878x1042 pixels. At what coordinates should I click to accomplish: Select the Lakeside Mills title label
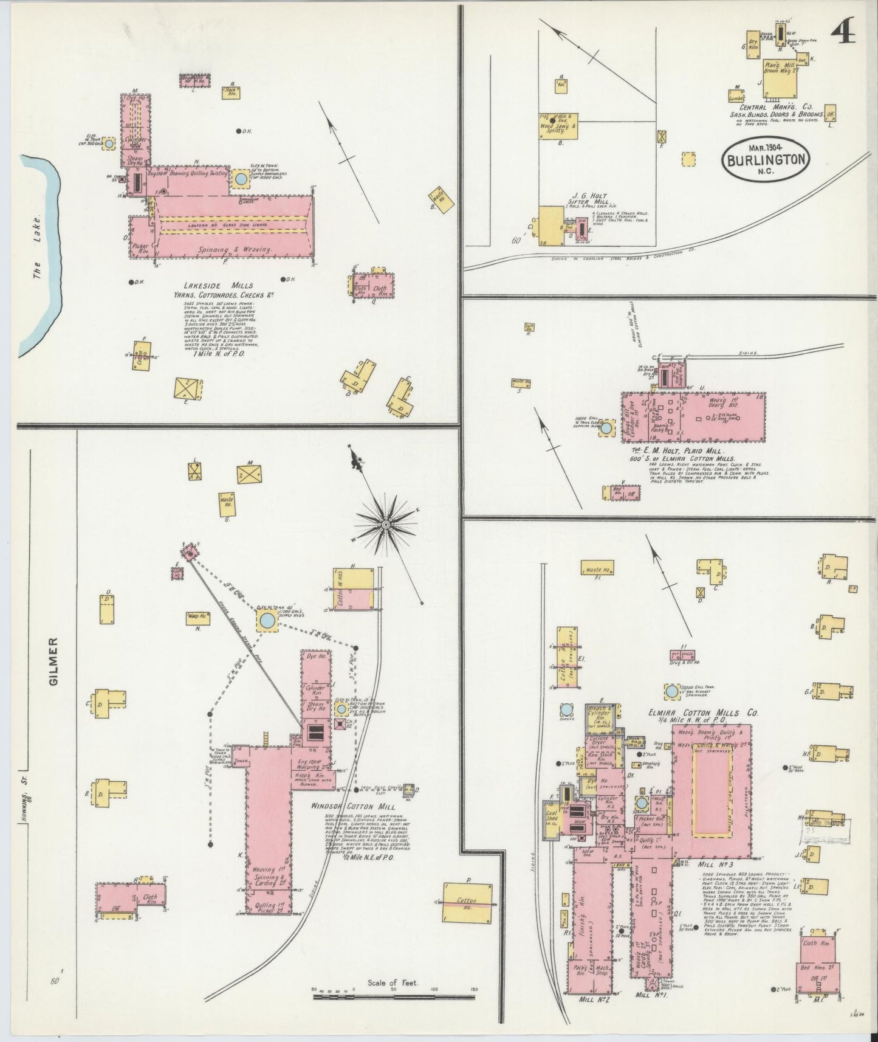[219, 286]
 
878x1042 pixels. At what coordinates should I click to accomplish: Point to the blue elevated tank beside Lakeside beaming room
[241, 179]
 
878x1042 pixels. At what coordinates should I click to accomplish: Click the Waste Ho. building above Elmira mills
[599, 571]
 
